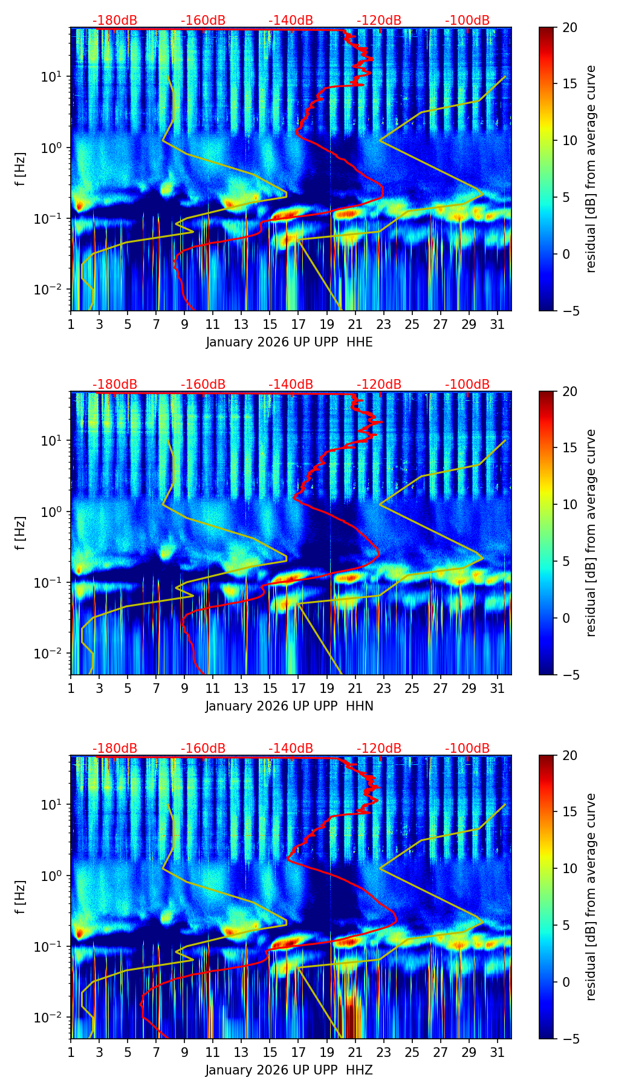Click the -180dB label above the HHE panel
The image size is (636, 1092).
coord(115,21)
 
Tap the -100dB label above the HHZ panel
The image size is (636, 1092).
coord(467,749)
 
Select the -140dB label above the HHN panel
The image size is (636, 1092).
coord(291,385)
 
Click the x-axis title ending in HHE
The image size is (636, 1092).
coord(289,342)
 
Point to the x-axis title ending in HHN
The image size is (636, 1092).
coord(289,706)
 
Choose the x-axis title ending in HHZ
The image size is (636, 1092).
coord(289,1070)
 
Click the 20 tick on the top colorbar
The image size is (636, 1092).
coord(569,28)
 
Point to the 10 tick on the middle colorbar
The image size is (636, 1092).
coord(569,504)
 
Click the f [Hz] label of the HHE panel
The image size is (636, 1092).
coord(21,169)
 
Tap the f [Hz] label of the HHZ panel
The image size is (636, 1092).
coord(21,897)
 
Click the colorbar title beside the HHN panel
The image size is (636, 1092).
coord(591,533)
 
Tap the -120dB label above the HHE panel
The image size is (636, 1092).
coord(379,21)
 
